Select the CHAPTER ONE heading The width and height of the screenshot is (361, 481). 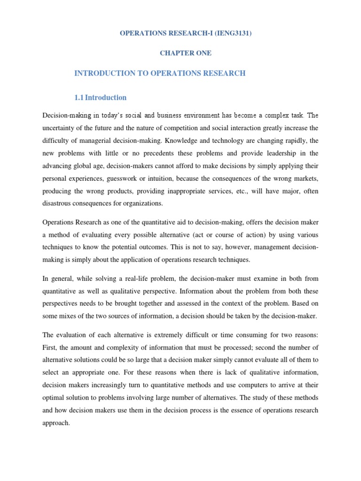point(185,53)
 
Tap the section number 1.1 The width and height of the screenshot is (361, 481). point(79,98)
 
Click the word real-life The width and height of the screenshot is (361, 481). point(129,279)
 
